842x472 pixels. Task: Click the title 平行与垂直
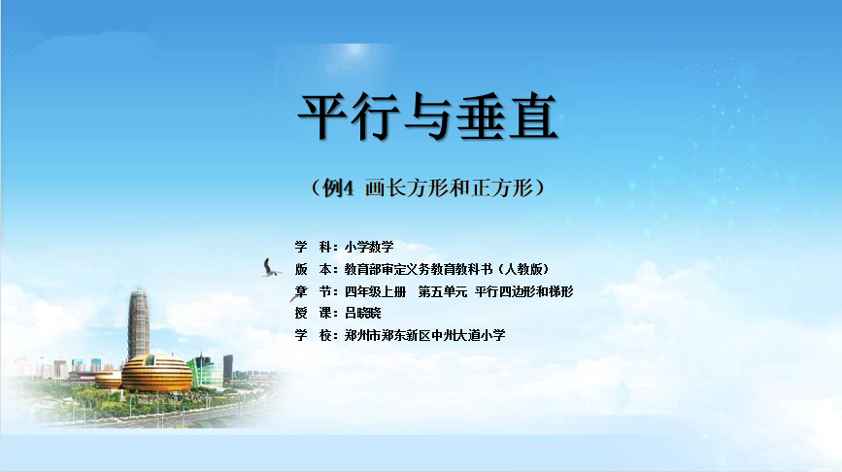[427, 117]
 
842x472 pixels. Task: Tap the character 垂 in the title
[481, 117]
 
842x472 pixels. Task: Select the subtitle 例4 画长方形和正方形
[427, 188]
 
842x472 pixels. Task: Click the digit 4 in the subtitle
[348, 188]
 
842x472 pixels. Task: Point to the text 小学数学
[369, 247]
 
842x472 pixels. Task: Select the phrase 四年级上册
[376, 291]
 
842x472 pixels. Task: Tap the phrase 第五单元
[443, 291]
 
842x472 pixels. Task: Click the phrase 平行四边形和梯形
[524, 291]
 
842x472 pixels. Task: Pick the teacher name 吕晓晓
[363, 313]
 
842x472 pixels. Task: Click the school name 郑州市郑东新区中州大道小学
[424, 336]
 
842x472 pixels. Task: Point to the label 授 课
[316, 313]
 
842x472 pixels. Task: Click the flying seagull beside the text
[271, 268]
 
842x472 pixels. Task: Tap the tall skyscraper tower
[139, 324]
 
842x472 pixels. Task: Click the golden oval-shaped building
[156, 373]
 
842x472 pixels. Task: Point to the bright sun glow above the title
[354, 53]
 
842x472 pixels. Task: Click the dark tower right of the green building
[227, 367]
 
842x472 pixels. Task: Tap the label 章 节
[316, 291]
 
